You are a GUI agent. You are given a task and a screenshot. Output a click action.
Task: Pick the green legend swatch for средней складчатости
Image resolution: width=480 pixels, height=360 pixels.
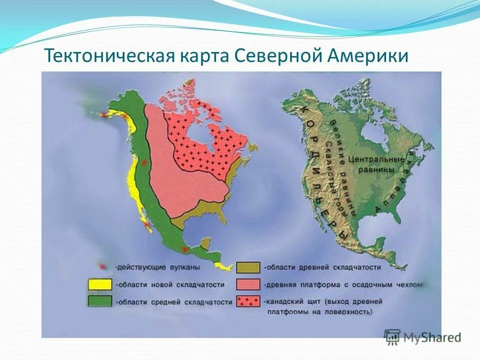point(99,301)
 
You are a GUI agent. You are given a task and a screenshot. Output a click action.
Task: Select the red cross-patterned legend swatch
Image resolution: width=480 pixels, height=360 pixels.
point(248,301)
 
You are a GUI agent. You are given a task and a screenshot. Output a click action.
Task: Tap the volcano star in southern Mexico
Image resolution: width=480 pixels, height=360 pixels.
point(185,249)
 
